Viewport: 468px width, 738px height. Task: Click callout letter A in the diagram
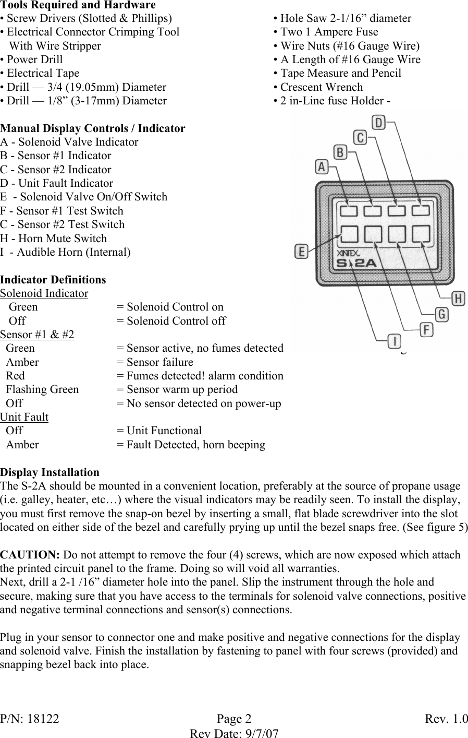pyautogui.click(x=322, y=166)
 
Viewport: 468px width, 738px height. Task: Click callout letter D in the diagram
pyautogui.click(x=379, y=123)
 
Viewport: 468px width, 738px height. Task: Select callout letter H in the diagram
pyautogui.click(x=458, y=299)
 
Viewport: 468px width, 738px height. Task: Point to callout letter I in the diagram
pyautogui.click(x=395, y=342)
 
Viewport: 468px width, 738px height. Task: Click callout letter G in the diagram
pyautogui.click(x=441, y=314)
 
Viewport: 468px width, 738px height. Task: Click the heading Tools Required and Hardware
pyautogui.click(x=78, y=5)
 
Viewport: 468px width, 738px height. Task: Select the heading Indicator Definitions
pyautogui.click(x=53, y=279)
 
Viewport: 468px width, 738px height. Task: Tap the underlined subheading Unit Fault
pyautogui.click(x=24, y=417)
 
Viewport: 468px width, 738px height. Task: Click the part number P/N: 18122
pyautogui.click(x=30, y=719)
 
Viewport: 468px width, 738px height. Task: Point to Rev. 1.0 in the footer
pyautogui.click(x=446, y=719)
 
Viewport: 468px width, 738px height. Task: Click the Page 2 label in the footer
pyautogui.click(x=233, y=719)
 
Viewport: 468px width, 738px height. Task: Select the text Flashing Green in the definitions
pyautogui.click(x=42, y=389)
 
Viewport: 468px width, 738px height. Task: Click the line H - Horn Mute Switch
pyautogui.click(x=54, y=239)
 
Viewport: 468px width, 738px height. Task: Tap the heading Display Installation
pyautogui.click(x=50, y=472)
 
